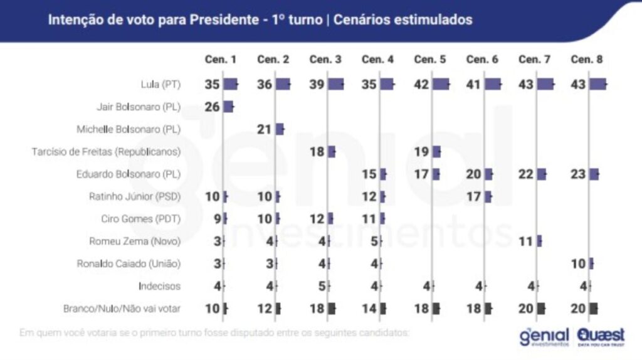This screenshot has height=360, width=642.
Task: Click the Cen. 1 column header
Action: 221,60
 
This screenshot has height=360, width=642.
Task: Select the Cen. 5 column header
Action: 430,60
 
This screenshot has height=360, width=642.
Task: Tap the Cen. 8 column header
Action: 587,60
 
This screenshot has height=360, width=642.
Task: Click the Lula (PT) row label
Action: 160,84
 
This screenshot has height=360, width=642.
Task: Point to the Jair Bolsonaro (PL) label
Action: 139,107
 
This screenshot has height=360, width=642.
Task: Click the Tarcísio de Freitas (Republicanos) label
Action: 106,152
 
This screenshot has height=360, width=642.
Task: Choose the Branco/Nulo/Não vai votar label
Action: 122,308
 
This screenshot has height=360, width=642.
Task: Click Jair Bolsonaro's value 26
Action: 213,107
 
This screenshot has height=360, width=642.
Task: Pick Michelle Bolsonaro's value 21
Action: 265,129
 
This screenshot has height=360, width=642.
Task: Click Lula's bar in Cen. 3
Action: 335,84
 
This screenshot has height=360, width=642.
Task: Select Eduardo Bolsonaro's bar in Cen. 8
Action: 594,174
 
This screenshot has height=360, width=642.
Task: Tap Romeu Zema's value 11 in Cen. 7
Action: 526,241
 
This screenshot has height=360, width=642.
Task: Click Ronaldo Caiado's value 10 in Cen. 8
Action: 579,263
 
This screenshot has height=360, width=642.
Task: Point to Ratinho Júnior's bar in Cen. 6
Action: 488,197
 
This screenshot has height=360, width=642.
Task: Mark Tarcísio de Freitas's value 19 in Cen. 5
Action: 422,152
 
